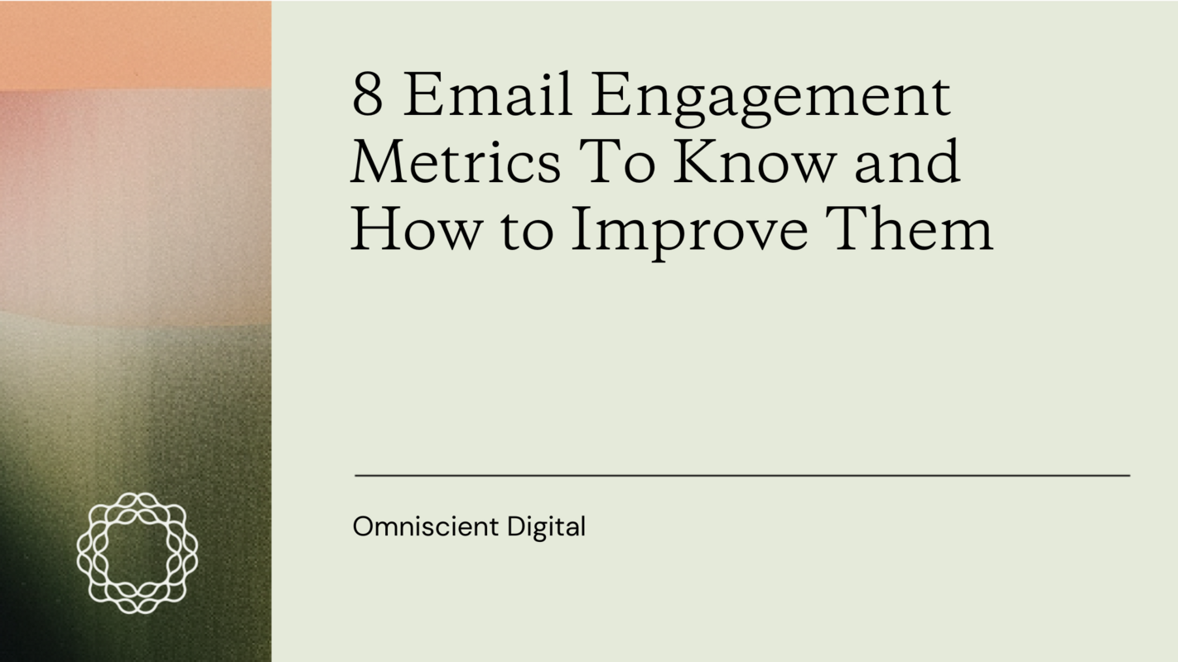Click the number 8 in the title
(368, 96)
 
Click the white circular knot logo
(137, 553)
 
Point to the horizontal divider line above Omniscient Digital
(741, 476)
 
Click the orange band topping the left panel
(135, 43)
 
